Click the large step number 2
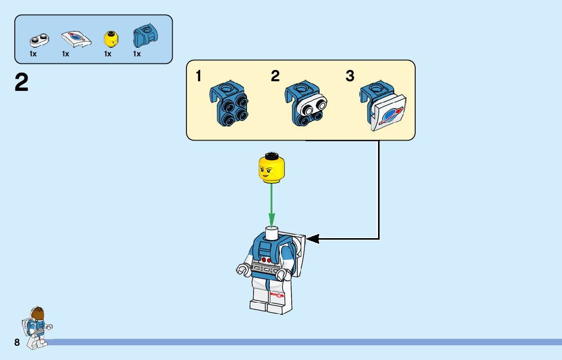point(21,83)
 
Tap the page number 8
point(17,343)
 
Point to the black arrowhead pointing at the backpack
point(312,238)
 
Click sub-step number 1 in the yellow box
point(199,77)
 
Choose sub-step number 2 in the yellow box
point(275,77)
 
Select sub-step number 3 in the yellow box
point(350,77)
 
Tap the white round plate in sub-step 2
point(314,107)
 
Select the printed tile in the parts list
point(76,39)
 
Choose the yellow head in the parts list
point(110,38)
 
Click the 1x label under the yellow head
point(108,54)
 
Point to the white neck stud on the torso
point(272,233)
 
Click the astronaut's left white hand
point(241,269)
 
